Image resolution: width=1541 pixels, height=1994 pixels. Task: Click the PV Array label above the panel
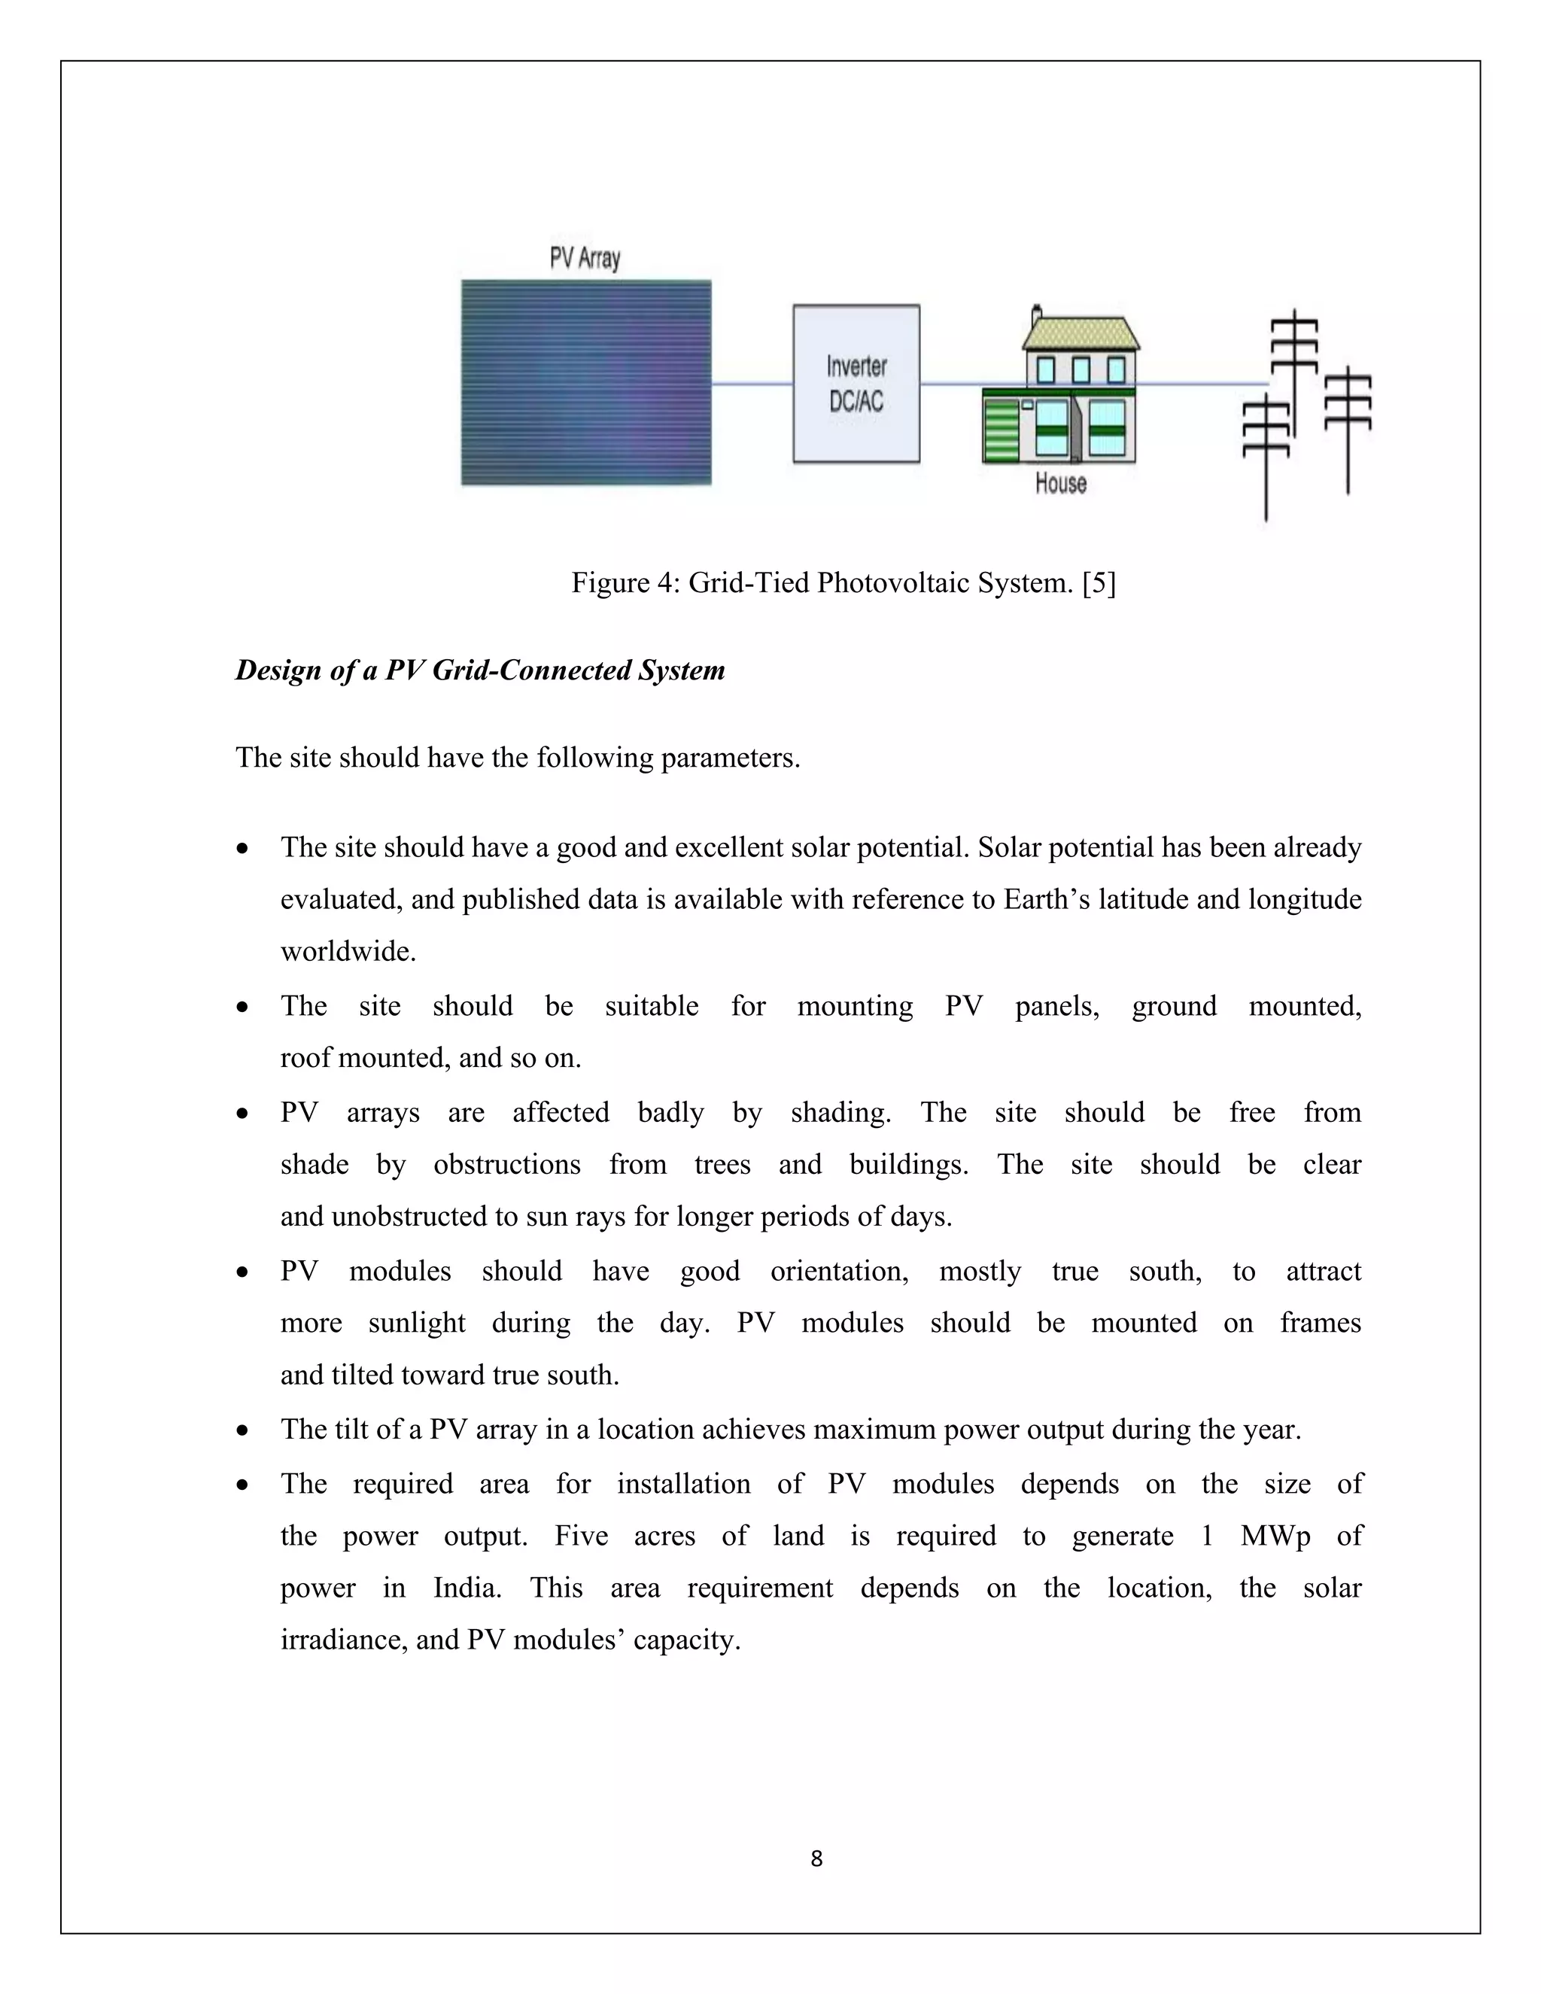[x=584, y=258]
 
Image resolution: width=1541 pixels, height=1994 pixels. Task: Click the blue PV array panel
[x=585, y=382]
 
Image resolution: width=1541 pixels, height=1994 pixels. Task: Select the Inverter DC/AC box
[x=856, y=384]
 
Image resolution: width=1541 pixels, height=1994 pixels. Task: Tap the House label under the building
[x=1061, y=483]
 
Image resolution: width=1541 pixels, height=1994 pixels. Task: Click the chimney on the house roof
[x=1036, y=316]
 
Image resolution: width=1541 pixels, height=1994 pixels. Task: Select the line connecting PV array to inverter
[x=752, y=384]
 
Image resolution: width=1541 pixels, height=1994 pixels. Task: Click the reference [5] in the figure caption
[x=1099, y=582]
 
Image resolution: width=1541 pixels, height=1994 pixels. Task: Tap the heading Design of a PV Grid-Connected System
[x=480, y=670]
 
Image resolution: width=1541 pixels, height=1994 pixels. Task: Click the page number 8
[x=816, y=1858]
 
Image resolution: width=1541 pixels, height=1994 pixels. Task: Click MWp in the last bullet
[x=1275, y=1536]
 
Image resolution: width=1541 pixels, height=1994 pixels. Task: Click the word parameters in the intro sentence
[x=729, y=758]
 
